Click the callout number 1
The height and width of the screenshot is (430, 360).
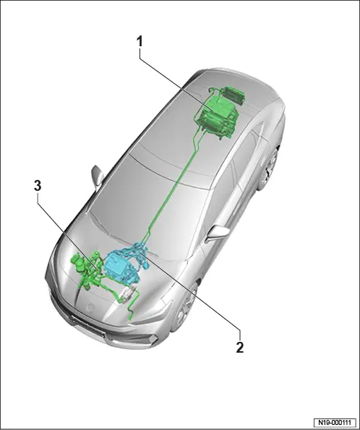point(140,42)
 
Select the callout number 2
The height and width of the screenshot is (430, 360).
point(239,348)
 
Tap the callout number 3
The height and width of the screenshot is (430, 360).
point(38,186)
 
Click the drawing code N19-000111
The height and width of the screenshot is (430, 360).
point(335,422)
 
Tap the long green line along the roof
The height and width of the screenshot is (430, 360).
point(172,186)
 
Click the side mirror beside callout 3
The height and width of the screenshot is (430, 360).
point(98,176)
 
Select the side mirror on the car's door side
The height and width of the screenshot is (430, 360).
point(219,233)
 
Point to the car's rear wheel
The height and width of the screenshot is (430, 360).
point(270,168)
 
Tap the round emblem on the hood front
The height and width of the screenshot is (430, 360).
point(90,309)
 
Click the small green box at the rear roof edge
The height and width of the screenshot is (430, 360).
point(233,95)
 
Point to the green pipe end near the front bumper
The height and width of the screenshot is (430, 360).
point(130,319)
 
